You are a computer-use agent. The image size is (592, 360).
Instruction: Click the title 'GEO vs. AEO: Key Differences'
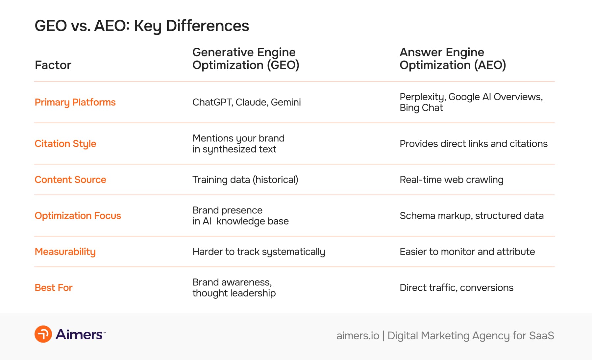[142, 26]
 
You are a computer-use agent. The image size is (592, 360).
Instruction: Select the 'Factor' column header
[53, 65]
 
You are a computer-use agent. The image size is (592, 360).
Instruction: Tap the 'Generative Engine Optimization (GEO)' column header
[246, 59]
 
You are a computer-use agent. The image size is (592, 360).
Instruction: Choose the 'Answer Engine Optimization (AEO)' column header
[453, 59]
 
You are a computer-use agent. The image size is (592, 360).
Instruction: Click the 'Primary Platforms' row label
[75, 102]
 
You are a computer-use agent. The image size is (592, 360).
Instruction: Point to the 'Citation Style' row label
[65, 144]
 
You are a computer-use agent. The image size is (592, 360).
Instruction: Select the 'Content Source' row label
[70, 180]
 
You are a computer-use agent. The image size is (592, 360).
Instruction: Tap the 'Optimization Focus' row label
[78, 216]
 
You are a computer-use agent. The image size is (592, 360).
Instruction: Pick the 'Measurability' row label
[65, 252]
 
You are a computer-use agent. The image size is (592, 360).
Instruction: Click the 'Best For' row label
[53, 288]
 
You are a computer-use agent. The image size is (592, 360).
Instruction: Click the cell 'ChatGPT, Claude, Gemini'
[246, 102]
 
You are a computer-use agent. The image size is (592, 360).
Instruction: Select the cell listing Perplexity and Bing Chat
[471, 102]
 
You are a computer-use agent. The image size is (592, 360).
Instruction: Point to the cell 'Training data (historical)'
[245, 180]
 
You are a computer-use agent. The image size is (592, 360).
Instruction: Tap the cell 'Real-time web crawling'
[451, 180]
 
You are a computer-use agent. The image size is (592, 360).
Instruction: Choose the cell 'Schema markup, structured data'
[471, 216]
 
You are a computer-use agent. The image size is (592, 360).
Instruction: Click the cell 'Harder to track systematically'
[259, 252]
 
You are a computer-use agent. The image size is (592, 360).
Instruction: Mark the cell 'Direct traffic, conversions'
[456, 288]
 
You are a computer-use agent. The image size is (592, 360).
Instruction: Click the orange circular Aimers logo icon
[43, 334]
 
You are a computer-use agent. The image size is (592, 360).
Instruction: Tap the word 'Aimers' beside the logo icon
[79, 334]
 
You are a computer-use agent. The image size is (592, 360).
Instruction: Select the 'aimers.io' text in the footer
[358, 336]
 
